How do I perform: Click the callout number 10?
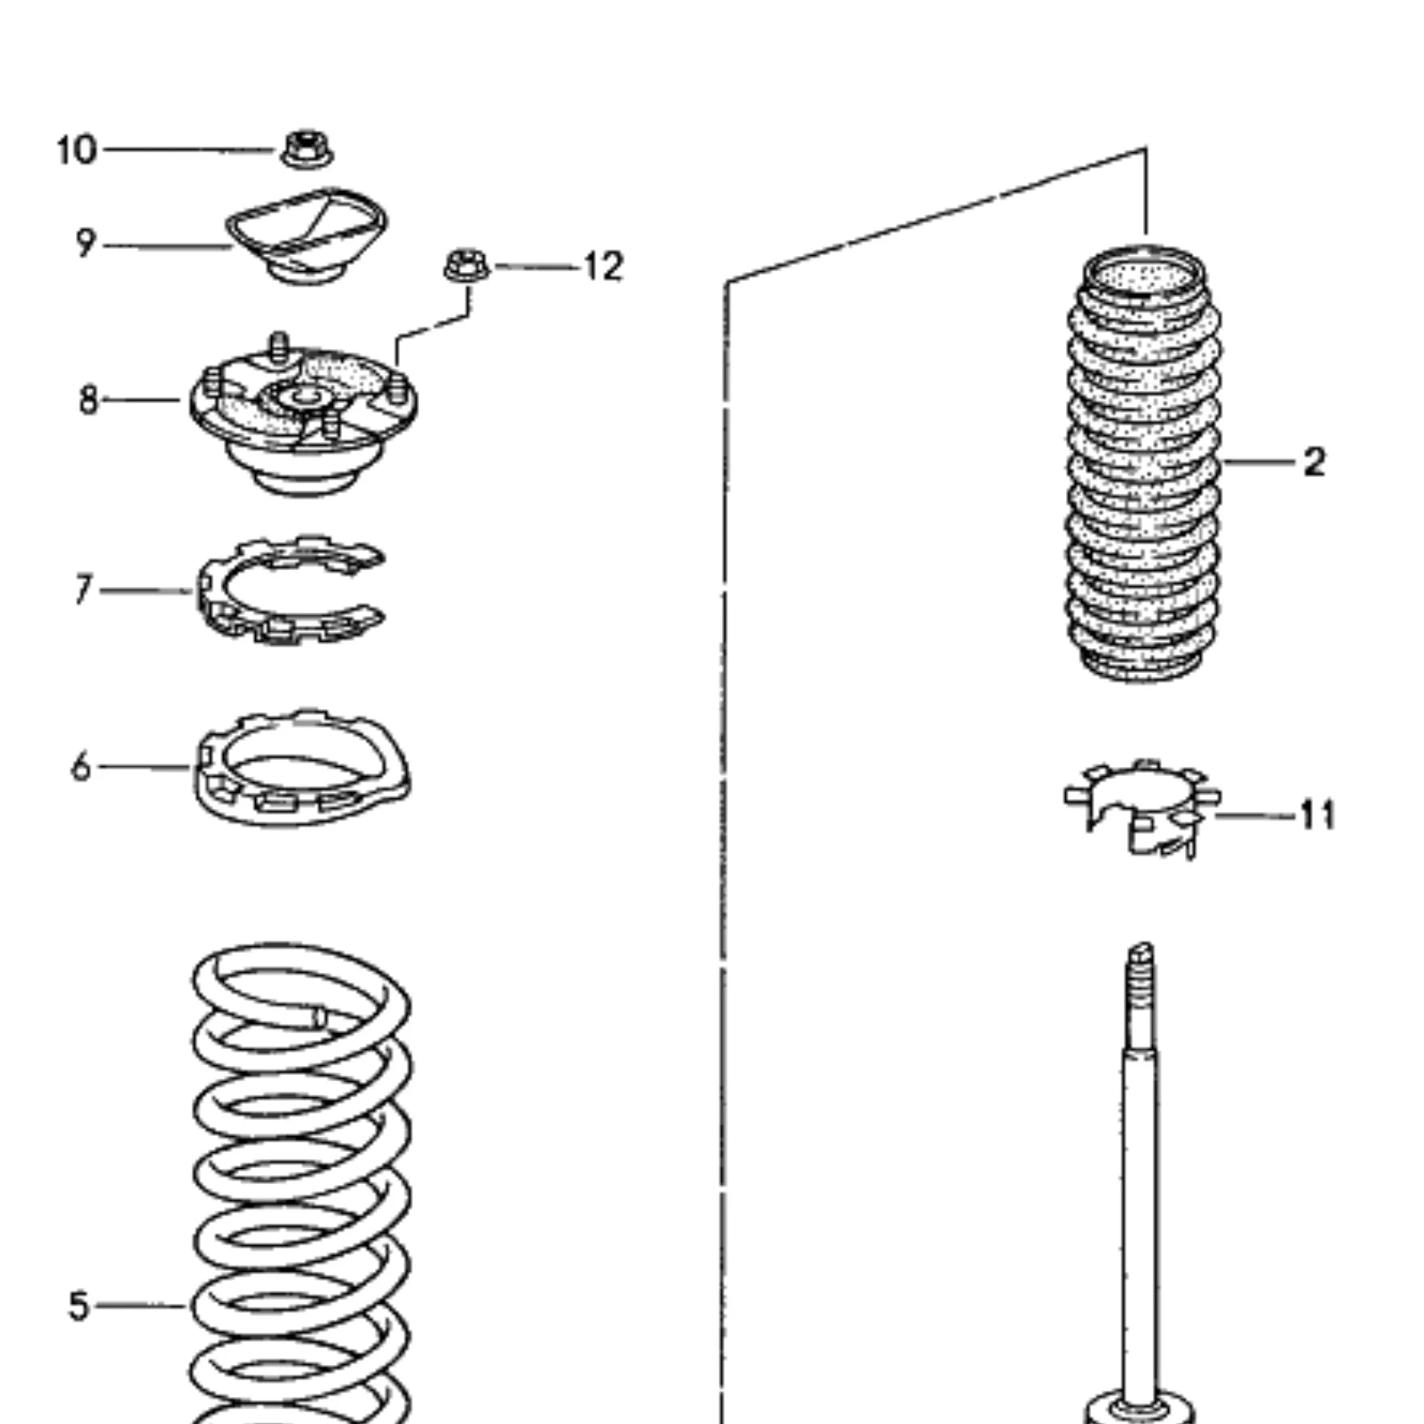pyautogui.click(x=76, y=150)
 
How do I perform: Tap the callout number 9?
pyautogui.click(x=86, y=243)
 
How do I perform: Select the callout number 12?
pyautogui.click(x=604, y=267)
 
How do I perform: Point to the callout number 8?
pyautogui.click(x=88, y=400)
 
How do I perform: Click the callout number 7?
pyautogui.click(x=83, y=590)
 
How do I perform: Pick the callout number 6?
pyautogui.click(x=81, y=768)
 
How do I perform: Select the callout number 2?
pyautogui.click(x=1314, y=463)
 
